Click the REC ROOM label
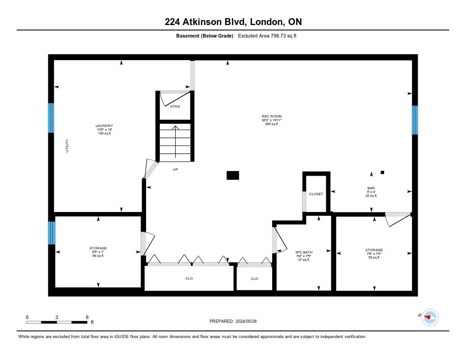click(x=272, y=116)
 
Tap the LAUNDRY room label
click(x=104, y=126)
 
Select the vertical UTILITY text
click(x=67, y=146)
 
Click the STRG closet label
click(x=175, y=106)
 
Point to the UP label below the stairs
click(x=175, y=169)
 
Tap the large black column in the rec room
click(x=233, y=175)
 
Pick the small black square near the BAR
click(x=382, y=172)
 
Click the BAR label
click(x=371, y=188)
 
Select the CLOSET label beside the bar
click(x=316, y=194)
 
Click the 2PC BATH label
click(x=304, y=253)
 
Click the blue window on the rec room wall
click(x=415, y=120)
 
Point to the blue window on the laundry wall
click(x=51, y=118)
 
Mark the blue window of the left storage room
click(x=52, y=233)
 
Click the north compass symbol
click(x=430, y=317)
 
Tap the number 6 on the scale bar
click(x=87, y=317)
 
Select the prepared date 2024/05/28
click(x=246, y=321)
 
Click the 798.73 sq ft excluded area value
click(x=284, y=36)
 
